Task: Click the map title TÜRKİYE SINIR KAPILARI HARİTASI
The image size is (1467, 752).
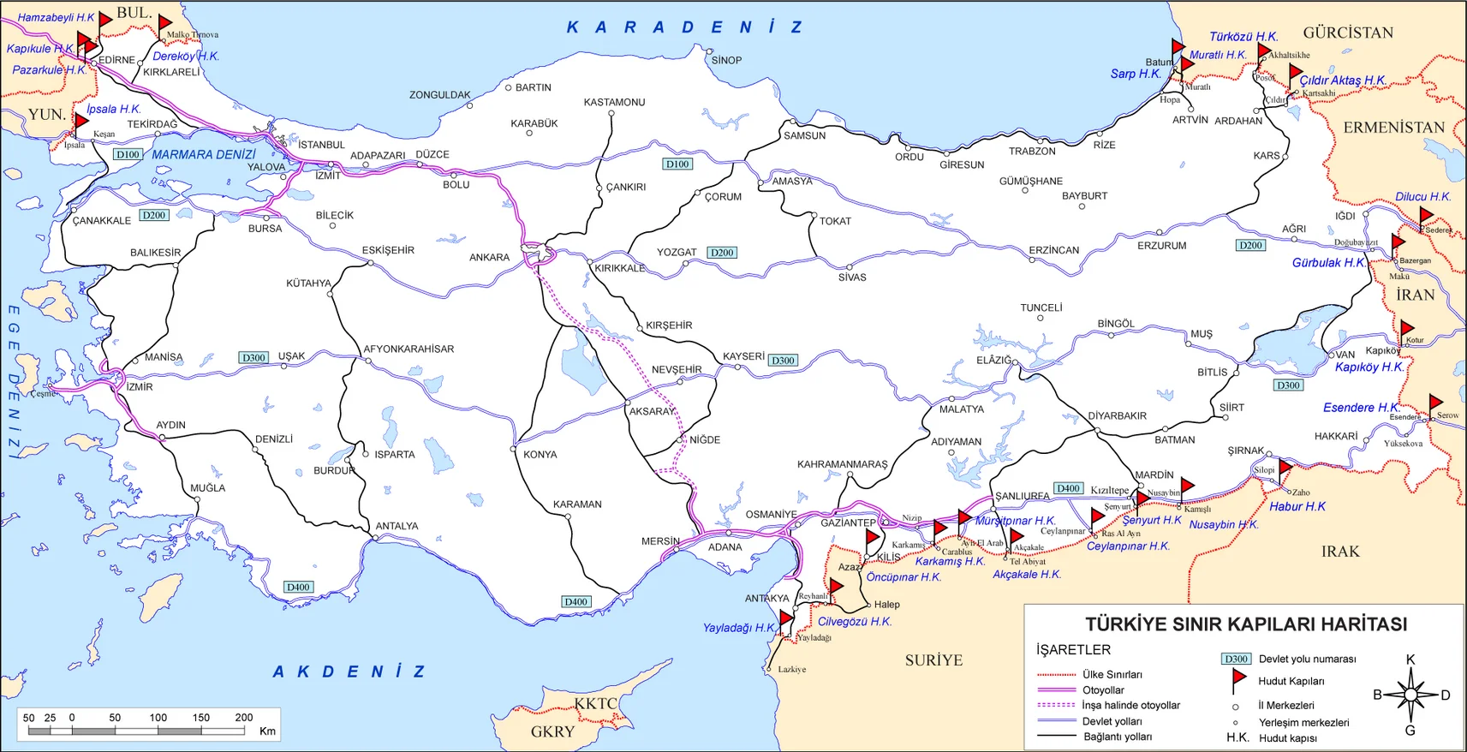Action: tap(1246, 624)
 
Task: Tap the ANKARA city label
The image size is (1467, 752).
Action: tap(489, 257)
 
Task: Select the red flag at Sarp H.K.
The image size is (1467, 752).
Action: tap(1178, 48)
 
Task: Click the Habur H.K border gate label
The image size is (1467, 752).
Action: tap(1297, 506)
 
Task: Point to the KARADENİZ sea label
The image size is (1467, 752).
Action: tap(684, 27)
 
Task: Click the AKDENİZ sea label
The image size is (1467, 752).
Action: tap(349, 671)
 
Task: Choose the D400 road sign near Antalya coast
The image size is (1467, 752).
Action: tap(298, 587)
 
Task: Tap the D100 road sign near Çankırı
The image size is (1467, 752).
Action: tap(677, 164)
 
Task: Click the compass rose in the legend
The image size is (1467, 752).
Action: tap(1410, 695)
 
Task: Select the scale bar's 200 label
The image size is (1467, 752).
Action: tap(244, 718)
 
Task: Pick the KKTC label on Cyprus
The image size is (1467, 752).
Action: tap(595, 703)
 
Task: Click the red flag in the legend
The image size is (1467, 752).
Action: tap(1238, 678)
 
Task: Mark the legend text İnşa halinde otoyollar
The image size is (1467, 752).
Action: tap(1130, 705)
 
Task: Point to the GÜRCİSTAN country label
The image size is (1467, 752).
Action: tap(1348, 33)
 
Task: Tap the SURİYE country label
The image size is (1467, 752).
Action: tap(933, 659)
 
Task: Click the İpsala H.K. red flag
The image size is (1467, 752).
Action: tap(81, 122)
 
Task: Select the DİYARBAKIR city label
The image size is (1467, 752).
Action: tap(1117, 415)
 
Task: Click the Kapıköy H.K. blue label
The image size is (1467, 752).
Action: tap(1369, 367)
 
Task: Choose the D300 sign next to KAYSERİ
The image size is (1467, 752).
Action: tap(783, 361)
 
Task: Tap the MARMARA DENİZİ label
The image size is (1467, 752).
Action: tap(204, 154)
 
